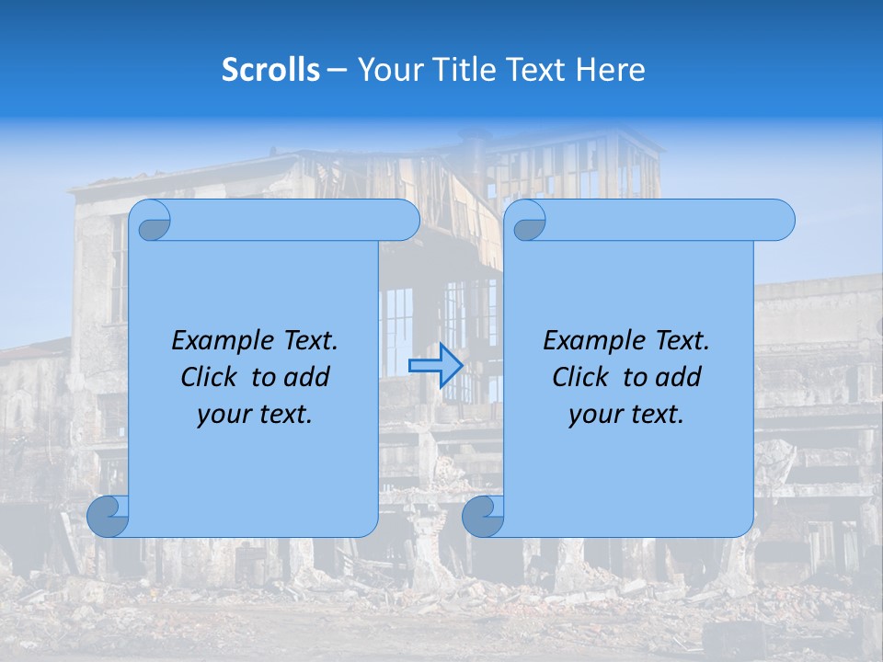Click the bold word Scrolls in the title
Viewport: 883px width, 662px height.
point(270,69)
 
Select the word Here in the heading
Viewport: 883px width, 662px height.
point(611,69)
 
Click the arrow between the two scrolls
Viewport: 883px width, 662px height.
point(435,365)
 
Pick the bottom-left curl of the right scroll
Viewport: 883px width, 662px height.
point(483,516)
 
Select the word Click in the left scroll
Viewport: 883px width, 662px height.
point(208,377)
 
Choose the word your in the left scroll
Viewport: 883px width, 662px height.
point(223,415)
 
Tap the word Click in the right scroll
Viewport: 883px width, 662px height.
point(579,377)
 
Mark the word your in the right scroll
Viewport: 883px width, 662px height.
point(594,415)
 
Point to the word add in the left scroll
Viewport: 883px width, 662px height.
point(308,377)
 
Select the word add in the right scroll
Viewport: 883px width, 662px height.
point(680,377)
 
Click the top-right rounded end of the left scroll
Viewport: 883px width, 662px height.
point(405,221)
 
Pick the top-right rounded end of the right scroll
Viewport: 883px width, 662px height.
point(780,221)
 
